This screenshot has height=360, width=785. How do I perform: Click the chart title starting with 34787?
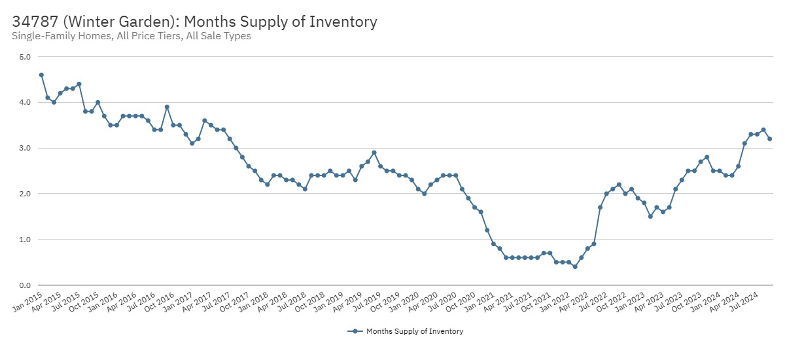point(194,22)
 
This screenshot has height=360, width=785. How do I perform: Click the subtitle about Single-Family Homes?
point(131,36)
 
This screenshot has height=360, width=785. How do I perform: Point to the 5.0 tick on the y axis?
point(24,57)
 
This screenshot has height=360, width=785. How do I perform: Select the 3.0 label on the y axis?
point(24,149)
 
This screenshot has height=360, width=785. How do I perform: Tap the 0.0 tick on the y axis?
point(24,285)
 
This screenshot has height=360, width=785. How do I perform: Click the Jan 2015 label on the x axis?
point(26,298)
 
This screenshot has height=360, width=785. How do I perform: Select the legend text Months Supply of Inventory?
point(414,331)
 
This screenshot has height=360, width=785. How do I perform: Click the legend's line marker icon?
point(355,331)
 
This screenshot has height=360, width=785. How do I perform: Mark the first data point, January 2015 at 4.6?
point(41,75)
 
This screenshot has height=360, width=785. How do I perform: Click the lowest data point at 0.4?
point(575,266)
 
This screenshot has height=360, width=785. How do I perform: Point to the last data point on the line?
point(769,139)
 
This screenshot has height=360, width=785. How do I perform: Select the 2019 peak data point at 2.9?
point(374,153)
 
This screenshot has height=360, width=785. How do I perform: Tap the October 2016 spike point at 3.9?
point(167,107)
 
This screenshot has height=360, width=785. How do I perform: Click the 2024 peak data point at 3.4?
point(763,130)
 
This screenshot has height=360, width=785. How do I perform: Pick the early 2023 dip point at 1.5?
point(650,217)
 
